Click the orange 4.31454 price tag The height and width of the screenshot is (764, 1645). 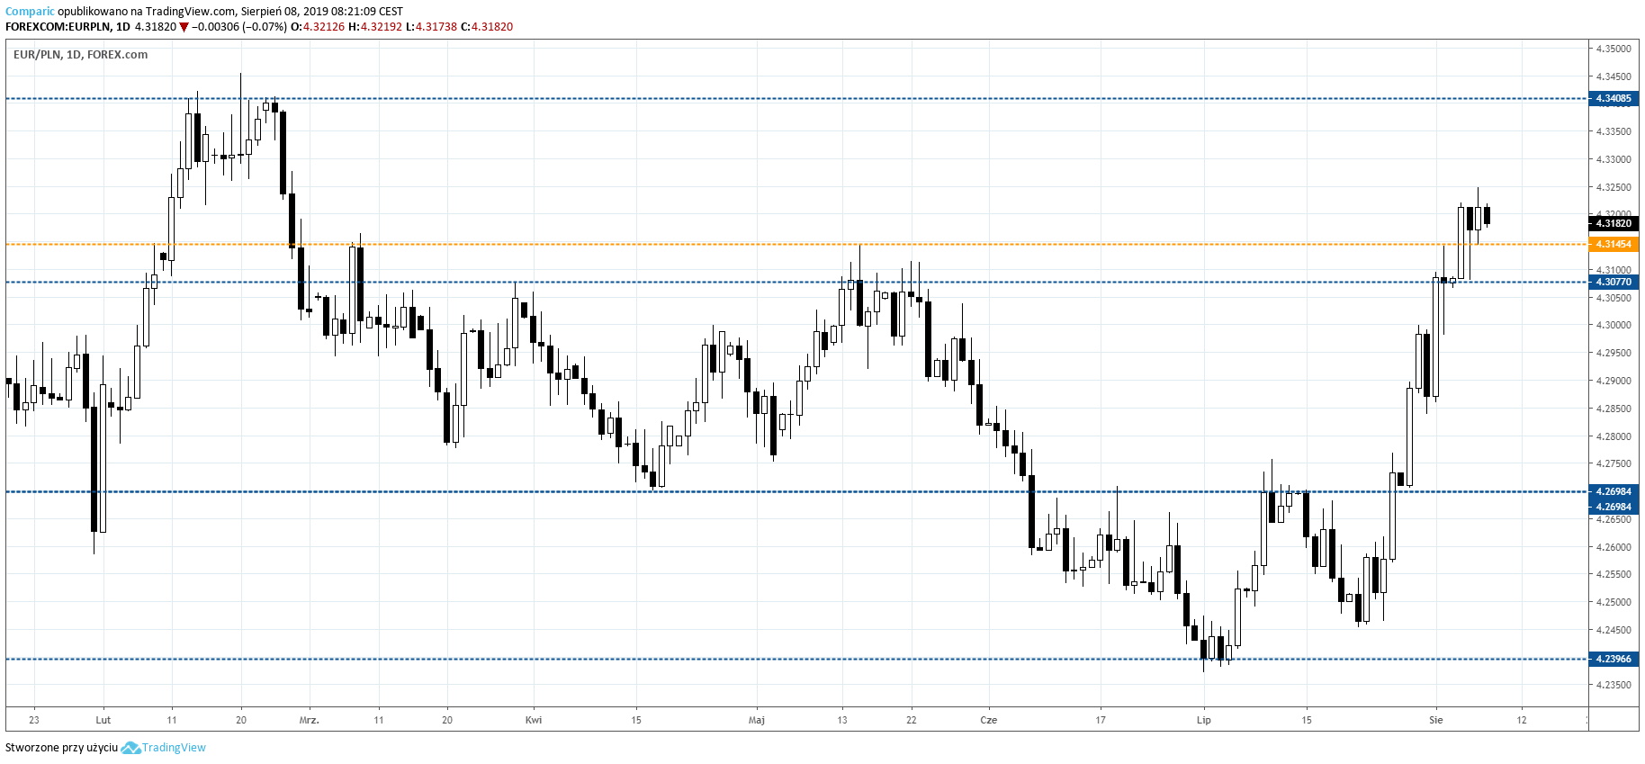[1614, 245]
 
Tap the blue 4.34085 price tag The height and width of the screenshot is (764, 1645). [1614, 99]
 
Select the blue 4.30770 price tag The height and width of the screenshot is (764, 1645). [1614, 283]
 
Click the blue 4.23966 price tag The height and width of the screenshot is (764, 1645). [1614, 660]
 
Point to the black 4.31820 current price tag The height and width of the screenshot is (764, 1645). [1614, 223]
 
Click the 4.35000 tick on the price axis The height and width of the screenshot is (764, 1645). [1614, 49]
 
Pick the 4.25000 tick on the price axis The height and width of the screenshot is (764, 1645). [1614, 603]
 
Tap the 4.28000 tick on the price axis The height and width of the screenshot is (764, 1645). [1614, 436]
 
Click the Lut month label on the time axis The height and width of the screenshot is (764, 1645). [103, 720]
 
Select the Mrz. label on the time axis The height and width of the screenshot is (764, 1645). [309, 720]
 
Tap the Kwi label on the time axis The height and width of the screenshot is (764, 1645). [534, 720]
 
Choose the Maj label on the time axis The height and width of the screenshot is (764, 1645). [757, 720]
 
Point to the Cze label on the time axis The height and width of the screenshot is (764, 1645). [989, 720]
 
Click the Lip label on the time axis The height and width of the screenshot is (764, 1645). [1204, 720]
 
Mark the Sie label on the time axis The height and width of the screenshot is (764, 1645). [1436, 720]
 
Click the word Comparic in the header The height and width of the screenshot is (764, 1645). [29, 12]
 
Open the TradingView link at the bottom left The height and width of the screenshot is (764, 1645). [174, 748]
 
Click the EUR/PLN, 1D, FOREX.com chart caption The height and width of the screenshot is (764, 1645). [80, 55]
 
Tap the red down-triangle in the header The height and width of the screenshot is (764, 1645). [184, 27]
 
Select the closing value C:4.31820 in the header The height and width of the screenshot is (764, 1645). [487, 27]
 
